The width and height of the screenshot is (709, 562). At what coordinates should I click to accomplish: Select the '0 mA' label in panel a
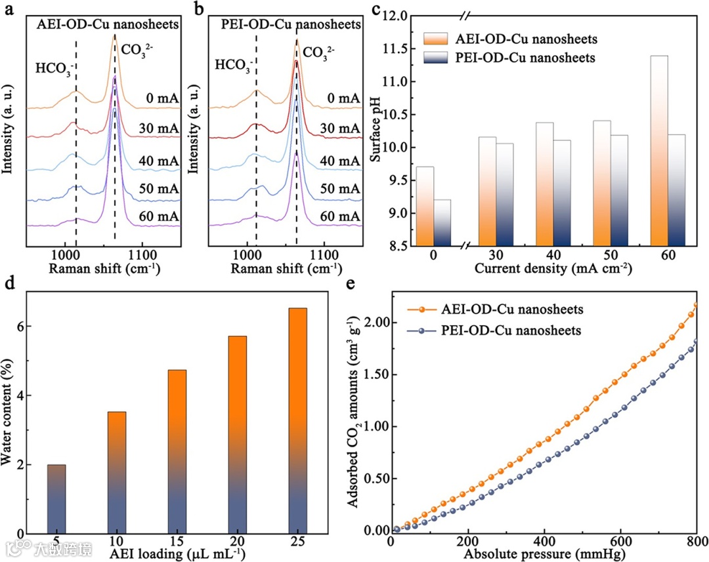pos(162,98)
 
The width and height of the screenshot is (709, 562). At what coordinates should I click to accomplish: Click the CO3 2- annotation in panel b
pos(323,52)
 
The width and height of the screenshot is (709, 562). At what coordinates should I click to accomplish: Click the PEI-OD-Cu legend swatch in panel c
pos(434,58)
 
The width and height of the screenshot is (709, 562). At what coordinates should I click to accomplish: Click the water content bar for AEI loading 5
pos(56,499)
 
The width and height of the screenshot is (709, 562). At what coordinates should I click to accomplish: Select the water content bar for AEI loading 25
pos(297,420)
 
